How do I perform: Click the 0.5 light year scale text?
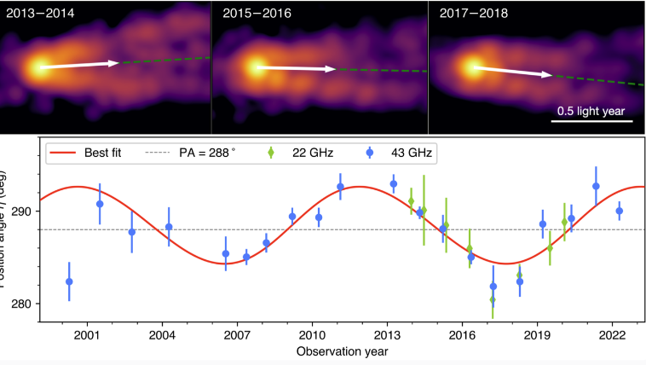coord(591,110)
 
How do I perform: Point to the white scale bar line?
coord(591,121)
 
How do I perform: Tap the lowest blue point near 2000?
coord(69,281)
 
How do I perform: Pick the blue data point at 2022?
coord(620,211)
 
